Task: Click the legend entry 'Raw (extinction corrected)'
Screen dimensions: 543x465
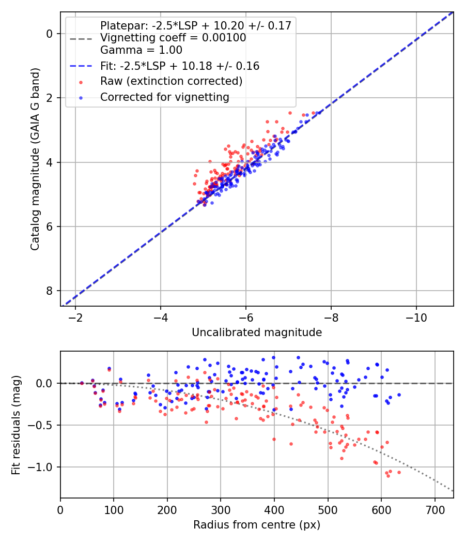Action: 171,82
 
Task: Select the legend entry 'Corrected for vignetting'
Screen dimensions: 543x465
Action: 164,97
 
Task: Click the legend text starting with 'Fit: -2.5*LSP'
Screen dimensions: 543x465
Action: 180,66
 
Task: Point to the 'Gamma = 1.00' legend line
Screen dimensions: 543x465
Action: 141,50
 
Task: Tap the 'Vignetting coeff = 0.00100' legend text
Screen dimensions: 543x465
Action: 173,38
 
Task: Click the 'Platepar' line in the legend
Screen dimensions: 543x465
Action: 196,25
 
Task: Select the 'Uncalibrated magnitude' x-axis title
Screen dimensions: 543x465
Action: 257,333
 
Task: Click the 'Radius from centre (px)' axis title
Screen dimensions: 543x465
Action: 257,525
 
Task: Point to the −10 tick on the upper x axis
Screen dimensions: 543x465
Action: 416,316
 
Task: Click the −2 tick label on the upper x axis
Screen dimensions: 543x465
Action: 75,316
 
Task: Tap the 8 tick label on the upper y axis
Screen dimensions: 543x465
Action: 50,291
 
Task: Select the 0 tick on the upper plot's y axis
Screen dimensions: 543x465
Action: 50,34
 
